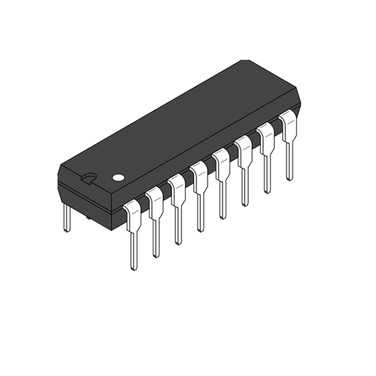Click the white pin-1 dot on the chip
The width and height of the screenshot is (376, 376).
(117, 179)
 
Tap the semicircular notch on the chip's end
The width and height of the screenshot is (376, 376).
(89, 178)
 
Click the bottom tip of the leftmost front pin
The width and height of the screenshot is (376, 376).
(133, 267)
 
